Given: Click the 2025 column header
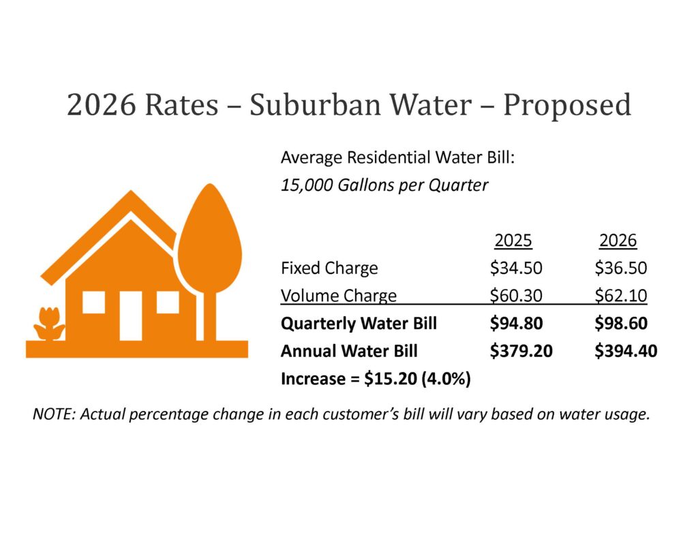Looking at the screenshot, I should [513, 241].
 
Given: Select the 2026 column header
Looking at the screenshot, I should [618, 241].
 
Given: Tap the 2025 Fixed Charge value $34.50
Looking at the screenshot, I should [516, 268].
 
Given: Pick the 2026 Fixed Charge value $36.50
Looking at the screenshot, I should [620, 268].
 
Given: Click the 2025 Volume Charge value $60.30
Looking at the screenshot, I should [516, 296].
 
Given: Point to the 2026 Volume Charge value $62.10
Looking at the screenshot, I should [620, 296].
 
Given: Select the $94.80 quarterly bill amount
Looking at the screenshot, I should [516, 324].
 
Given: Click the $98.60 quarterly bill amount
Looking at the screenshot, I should [620, 324].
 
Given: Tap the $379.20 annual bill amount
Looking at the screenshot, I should [521, 352].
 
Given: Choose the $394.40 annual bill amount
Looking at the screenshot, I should [625, 352].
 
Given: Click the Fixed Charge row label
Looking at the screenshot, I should [329, 268].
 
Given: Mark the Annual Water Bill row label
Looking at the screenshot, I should [349, 352].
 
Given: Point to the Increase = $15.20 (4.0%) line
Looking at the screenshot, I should [376, 380].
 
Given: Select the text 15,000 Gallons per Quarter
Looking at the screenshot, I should [384, 185].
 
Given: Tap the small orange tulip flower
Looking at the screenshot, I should [49, 324].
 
